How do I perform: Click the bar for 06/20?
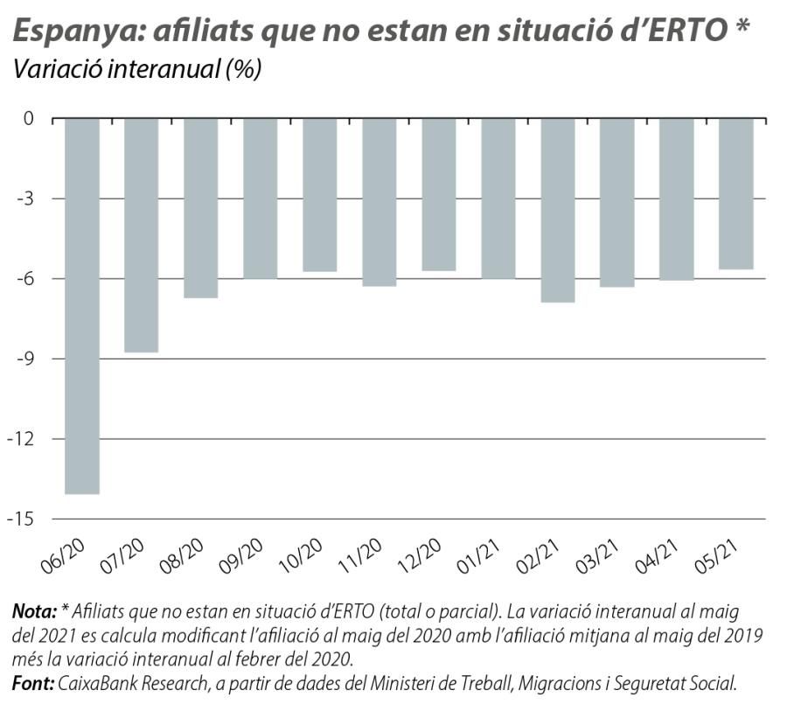pos(82,306)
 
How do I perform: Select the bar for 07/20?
pos(142,235)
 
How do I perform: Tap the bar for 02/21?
pos(558,210)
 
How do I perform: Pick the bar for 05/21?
pos(736,193)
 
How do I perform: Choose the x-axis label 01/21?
pos(480,554)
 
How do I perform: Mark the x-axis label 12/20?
pos(421,554)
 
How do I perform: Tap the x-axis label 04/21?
pos(658,554)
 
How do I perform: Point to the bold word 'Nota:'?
pos(35,611)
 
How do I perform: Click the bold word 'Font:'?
pos(33,682)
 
